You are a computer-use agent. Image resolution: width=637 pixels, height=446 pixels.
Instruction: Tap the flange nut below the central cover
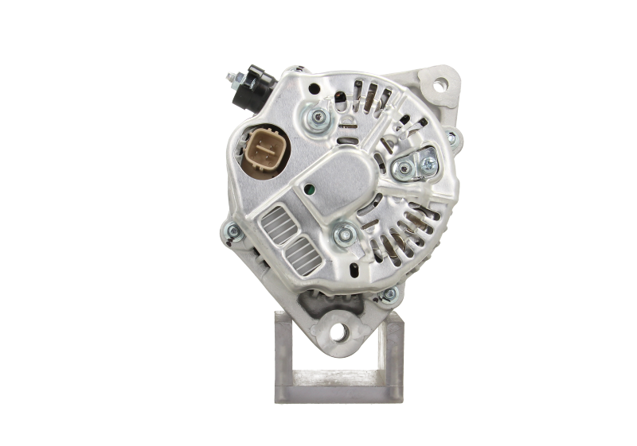click(344, 233)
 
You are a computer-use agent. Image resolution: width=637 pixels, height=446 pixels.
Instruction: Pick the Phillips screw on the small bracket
click(429, 164)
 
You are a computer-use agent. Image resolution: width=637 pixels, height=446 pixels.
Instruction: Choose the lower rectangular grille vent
click(299, 253)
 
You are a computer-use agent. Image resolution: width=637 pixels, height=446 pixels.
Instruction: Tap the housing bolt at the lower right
click(388, 295)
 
